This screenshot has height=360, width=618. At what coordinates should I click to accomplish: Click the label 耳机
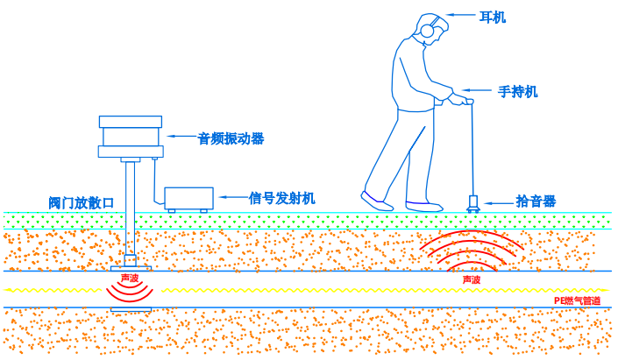(493, 17)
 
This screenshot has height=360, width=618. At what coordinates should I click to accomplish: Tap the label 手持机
(517, 92)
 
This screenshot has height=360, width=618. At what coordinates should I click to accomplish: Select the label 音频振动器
(231, 138)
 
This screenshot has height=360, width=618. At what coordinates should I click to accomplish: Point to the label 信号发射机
(281, 198)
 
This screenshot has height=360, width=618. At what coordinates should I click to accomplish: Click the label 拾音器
(536, 201)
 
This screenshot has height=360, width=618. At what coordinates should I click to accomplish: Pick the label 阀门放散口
(82, 203)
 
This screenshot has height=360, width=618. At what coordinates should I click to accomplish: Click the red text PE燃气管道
(578, 300)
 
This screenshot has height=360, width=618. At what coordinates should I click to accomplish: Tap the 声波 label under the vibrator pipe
(130, 278)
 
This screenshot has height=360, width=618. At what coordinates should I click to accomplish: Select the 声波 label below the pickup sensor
(472, 279)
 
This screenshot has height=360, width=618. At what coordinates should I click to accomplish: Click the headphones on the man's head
(427, 28)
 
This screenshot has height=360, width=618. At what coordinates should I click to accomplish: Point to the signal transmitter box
(188, 200)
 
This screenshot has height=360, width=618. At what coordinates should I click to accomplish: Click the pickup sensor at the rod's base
(473, 203)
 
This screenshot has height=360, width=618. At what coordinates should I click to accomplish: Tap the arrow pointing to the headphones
(461, 15)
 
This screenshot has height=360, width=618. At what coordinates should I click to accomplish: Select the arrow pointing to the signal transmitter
(234, 196)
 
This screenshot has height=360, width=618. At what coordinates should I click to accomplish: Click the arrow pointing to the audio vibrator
(182, 137)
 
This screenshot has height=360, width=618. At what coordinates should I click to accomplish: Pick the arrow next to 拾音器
(499, 203)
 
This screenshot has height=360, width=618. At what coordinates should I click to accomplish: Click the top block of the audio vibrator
(131, 122)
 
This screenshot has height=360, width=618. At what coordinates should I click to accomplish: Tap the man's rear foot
(376, 201)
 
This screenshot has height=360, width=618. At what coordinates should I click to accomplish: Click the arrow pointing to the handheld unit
(478, 90)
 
